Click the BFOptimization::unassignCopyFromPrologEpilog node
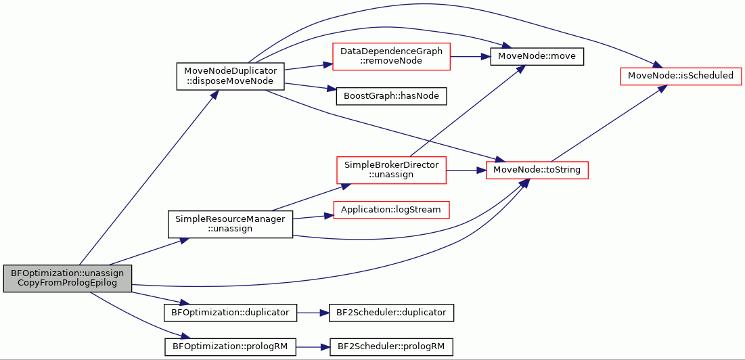pyautogui.click(x=67, y=278)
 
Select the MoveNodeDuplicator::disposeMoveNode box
pyautogui.click(x=230, y=76)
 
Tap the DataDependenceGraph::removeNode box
pyautogui.click(x=391, y=57)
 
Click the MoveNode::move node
pyautogui.click(x=537, y=57)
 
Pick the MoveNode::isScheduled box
pyautogui.click(x=681, y=76)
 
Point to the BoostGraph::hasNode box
pyautogui.click(x=392, y=96)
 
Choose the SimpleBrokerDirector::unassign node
pyautogui.click(x=391, y=170)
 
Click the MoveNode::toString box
pyautogui.click(x=537, y=170)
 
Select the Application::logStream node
pyautogui.click(x=391, y=210)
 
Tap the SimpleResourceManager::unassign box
pyautogui.click(x=230, y=224)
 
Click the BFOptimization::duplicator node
pyautogui.click(x=230, y=313)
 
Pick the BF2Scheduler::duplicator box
pyautogui.click(x=391, y=313)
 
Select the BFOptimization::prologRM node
pyautogui.click(x=230, y=346)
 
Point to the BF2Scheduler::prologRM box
pyautogui.click(x=391, y=346)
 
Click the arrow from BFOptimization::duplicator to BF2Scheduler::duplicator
pyautogui.click(x=313, y=313)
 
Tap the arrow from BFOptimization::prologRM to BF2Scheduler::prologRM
pyautogui.click(x=313, y=346)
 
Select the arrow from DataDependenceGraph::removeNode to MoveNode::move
pyautogui.click(x=470, y=57)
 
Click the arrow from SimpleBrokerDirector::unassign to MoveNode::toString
pyautogui.click(x=466, y=170)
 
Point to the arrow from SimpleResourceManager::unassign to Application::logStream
pyautogui.click(x=313, y=217)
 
